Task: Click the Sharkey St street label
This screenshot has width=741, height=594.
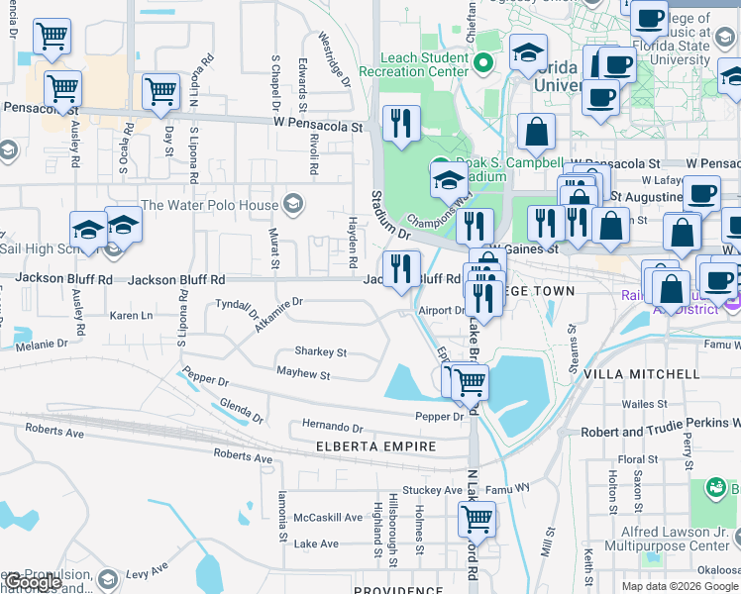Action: point(320,351)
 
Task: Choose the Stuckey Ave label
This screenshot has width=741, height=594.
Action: point(433,489)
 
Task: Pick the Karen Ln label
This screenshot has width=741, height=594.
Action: point(131,316)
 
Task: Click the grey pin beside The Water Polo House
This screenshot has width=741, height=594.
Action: point(292,205)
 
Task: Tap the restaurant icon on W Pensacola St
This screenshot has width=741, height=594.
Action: point(401,124)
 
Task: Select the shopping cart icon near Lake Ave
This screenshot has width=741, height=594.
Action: point(476,517)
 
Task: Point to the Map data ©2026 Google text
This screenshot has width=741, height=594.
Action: point(680,586)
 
